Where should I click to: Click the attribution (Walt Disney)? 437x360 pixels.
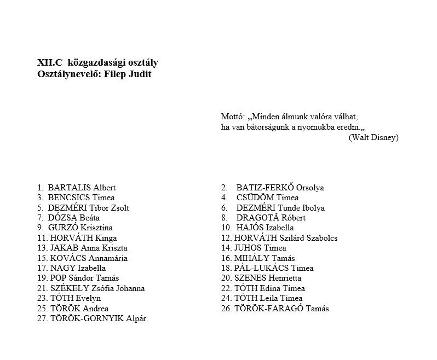[373, 137]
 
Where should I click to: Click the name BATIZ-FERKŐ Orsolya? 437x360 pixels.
[280, 188]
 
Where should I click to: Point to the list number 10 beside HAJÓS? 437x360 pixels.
[226, 228]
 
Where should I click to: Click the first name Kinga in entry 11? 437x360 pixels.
[106, 238]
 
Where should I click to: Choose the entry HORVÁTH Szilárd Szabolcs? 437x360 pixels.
[285, 238]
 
